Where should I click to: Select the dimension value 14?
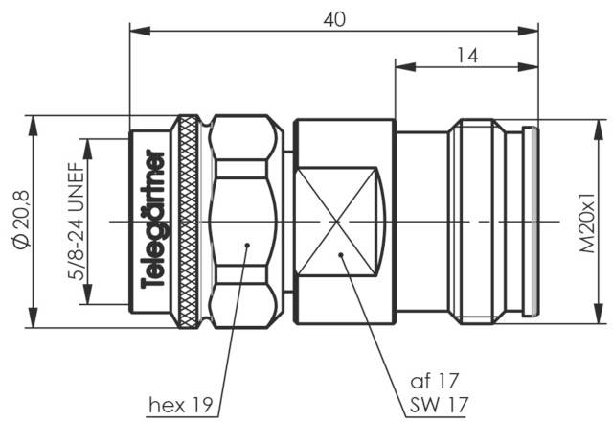click(466, 55)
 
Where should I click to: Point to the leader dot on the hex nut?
click(247, 245)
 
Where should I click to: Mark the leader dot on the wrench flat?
click(341, 254)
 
